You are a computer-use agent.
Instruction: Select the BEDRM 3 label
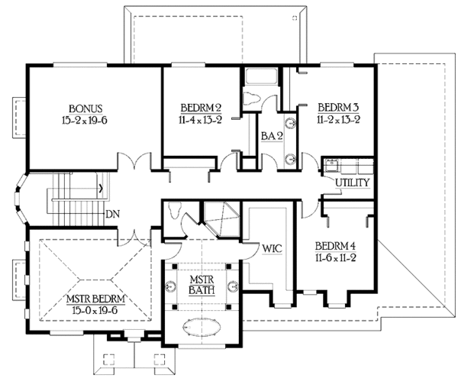click(x=334, y=108)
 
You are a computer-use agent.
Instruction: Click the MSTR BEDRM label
click(x=97, y=297)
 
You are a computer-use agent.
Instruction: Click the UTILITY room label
click(x=352, y=183)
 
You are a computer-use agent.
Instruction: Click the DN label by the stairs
click(x=112, y=214)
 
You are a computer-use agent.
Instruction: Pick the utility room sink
click(x=331, y=165)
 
